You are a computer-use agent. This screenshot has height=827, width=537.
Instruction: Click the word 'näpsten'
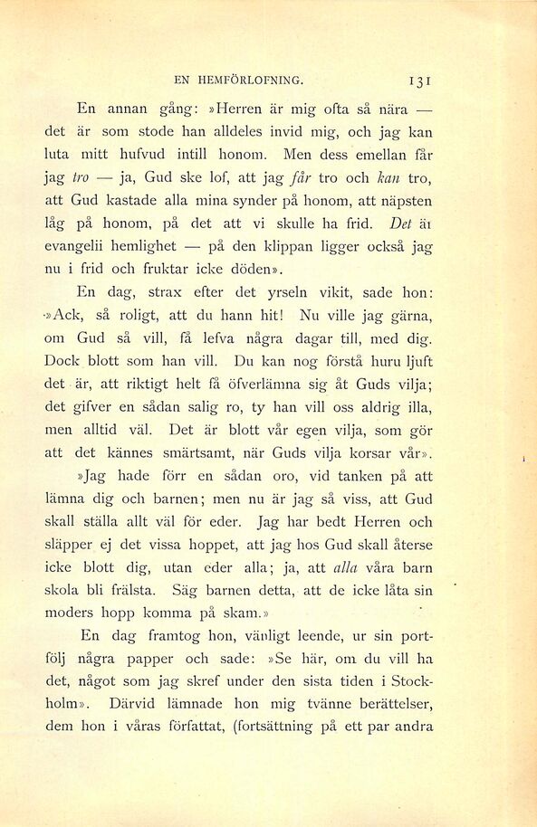pyautogui.click(x=401, y=200)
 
